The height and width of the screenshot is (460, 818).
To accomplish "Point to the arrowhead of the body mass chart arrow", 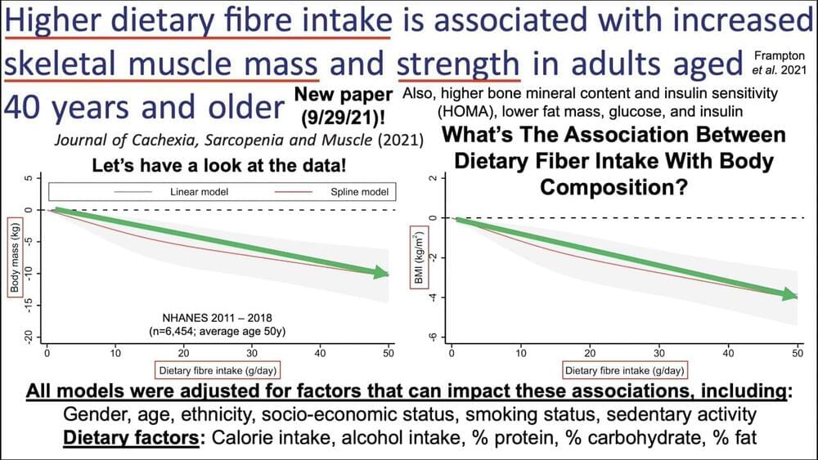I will pyautogui.click(x=382, y=273).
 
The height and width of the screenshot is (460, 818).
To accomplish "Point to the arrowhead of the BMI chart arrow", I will pyautogui.click(x=790, y=295).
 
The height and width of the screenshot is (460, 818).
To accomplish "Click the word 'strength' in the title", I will pyautogui.click(x=458, y=63).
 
